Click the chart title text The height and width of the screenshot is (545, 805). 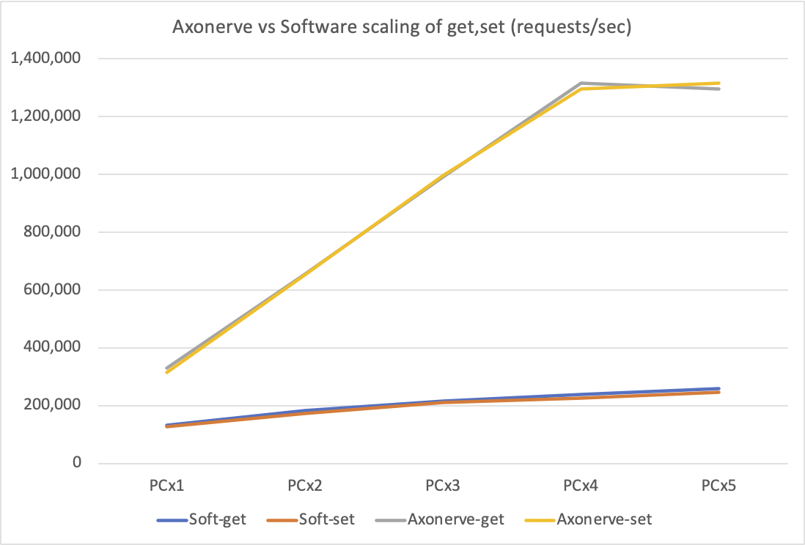click(402, 29)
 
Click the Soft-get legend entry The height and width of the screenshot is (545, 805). click(202, 519)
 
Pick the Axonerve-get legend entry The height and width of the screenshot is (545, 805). click(440, 519)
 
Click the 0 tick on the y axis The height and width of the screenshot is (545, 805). click(76, 464)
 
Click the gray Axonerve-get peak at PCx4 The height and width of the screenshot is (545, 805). click(581, 83)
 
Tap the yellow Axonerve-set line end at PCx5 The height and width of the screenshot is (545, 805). click(719, 83)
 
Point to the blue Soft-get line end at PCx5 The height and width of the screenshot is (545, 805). click(719, 388)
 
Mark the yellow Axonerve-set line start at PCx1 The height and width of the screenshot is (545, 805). click(168, 373)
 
